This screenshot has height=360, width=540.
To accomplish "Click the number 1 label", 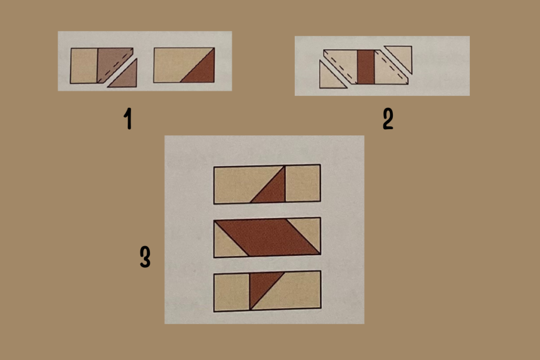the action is coord(128,119).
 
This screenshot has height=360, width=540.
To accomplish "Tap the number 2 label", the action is coord(388,119).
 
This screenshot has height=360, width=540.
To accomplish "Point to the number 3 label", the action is coord(145,257).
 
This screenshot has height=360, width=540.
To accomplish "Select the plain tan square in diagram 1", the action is coord(84,66).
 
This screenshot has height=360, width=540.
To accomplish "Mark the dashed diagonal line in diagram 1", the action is coord(115,66).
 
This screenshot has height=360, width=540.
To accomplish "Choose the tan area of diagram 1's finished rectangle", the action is coord(176,62).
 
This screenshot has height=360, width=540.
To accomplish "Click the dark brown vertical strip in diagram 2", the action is coord(366,67).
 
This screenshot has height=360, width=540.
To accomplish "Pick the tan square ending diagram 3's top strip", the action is coord(303,183).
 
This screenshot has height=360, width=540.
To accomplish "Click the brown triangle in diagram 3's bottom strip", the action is coord(262,285).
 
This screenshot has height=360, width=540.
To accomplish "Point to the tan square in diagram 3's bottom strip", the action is coord(232,293).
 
